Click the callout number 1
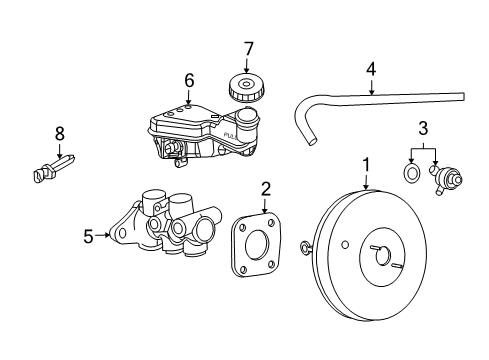coord(366,162)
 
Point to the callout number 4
coord(371,70)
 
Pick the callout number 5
coord(88,237)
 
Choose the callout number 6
coord(188,81)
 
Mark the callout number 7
coord(250,47)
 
